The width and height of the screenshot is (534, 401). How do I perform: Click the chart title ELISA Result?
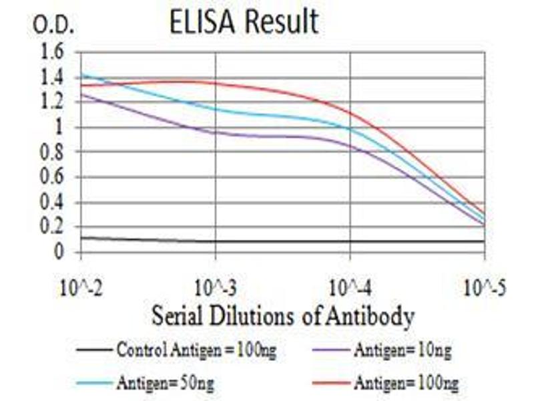243,23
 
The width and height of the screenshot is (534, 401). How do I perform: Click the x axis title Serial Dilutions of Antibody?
283,315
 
